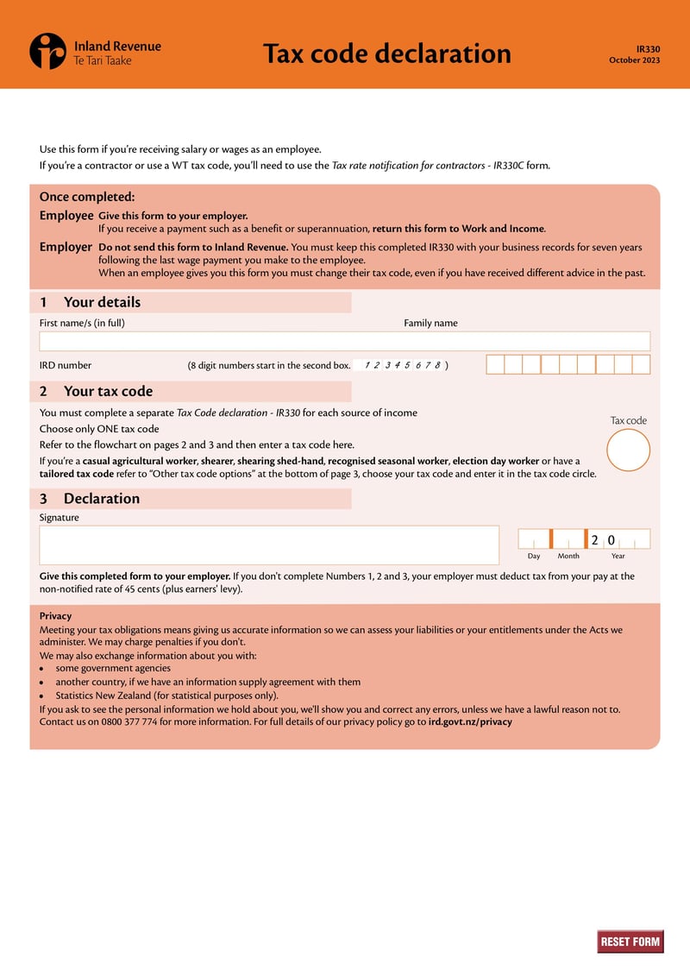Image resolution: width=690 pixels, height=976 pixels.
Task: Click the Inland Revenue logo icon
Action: tap(47, 51)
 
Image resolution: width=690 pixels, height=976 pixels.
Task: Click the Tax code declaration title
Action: tap(386, 54)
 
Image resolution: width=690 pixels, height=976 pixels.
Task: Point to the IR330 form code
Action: tap(648, 49)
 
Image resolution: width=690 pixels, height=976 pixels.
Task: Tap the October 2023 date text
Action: tap(634, 60)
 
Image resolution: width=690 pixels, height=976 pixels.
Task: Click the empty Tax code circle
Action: tap(628, 450)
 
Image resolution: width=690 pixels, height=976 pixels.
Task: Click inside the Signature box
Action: tap(269, 545)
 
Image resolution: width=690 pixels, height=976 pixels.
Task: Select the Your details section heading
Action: tap(102, 302)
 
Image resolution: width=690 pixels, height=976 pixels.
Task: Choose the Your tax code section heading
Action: tap(108, 391)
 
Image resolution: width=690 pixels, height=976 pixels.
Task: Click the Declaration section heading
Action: tap(101, 498)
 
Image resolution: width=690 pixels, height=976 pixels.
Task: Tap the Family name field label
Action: tap(430, 324)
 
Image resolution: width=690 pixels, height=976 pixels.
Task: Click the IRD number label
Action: tap(66, 365)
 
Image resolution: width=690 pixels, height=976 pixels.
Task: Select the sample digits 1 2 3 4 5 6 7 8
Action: tap(403, 365)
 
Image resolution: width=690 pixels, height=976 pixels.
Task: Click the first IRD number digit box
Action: tap(495, 364)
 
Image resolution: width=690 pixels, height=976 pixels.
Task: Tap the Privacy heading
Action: tap(55, 616)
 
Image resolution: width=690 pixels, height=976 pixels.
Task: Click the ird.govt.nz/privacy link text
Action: tap(470, 721)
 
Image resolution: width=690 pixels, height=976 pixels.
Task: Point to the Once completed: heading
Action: tap(87, 197)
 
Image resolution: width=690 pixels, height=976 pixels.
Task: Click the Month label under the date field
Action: tap(568, 556)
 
